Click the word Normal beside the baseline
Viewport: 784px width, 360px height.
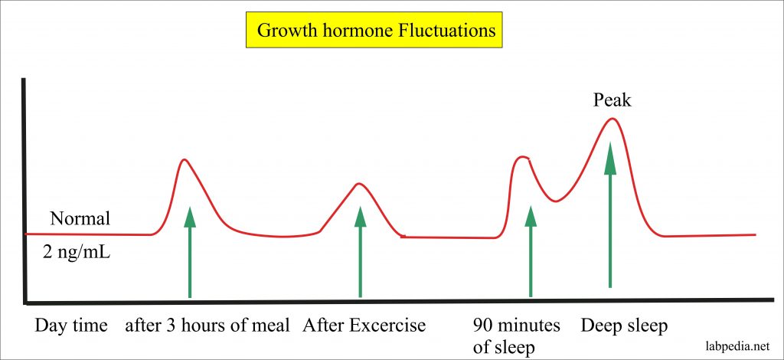(80, 219)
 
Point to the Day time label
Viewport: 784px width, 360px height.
(70, 326)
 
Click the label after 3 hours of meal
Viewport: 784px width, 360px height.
(208, 326)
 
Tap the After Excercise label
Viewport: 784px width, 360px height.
(364, 326)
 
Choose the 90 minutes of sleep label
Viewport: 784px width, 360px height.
(516, 335)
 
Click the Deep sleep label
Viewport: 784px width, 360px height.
(624, 326)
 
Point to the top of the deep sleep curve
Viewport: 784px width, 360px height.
(611, 118)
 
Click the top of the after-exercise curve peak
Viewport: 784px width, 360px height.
(358, 183)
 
